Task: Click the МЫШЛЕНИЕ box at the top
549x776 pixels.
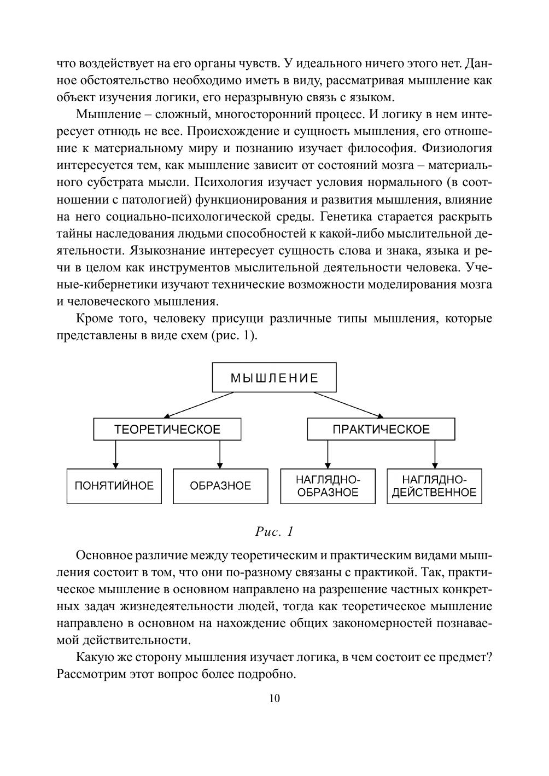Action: (x=274, y=378)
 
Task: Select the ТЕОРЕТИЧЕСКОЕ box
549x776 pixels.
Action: (x=167, y=430)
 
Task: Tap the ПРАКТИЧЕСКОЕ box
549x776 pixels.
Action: (x=381, y=430)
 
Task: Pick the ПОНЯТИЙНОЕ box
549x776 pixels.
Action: (x=114, y=486)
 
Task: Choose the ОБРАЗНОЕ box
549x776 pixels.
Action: (x=220, y=486)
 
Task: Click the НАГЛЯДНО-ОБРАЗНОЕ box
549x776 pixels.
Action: (x=328, y=486)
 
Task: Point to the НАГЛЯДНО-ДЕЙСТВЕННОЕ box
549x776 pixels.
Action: (x=434, y=486)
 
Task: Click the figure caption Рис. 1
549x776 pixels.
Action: (x=274, y=531)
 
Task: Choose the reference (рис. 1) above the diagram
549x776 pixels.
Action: (x=233, y=335)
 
